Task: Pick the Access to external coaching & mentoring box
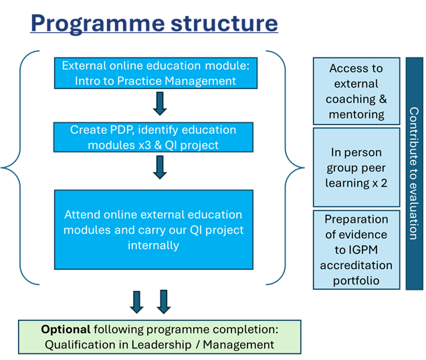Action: tap(356, 91)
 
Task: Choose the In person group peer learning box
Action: tap(356, 167)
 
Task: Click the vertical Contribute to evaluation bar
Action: tap(414, 173)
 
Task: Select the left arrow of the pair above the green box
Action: tap(137, 301)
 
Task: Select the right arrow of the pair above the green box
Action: tap(163, 301)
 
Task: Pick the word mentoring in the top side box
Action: tap(356, 114)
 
